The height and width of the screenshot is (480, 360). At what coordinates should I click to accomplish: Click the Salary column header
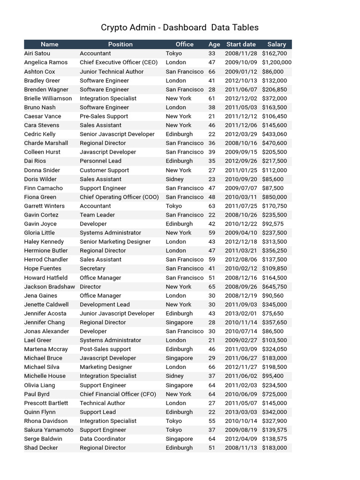[277, 44]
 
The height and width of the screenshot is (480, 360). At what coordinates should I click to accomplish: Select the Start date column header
[241, 44]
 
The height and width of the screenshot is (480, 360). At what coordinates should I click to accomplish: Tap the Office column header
[184, 44]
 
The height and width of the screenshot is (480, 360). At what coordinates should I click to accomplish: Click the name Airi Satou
[37, 53]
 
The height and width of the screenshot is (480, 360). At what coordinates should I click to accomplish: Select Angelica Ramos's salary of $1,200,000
[277, 62]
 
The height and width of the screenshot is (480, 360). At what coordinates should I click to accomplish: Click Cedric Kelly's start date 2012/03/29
[241, 134]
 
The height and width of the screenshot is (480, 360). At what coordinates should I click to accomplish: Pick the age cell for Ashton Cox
[212, 72]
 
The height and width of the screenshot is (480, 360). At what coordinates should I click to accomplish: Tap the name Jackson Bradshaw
[49, 286]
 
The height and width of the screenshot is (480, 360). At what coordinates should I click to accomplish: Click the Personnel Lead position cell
[100, 161]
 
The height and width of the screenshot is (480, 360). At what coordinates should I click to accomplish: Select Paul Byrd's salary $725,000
[274, 394]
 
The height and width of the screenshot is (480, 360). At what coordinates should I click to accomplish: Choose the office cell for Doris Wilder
[175, 179]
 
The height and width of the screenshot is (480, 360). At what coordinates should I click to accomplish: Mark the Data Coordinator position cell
[103, 439]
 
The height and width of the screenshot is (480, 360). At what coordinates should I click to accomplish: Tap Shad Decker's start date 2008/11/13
[241, 448]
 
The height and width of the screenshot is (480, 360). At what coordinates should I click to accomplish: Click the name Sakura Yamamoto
[49, 430]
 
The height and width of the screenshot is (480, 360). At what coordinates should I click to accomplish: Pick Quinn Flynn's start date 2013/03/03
[241, 412]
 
